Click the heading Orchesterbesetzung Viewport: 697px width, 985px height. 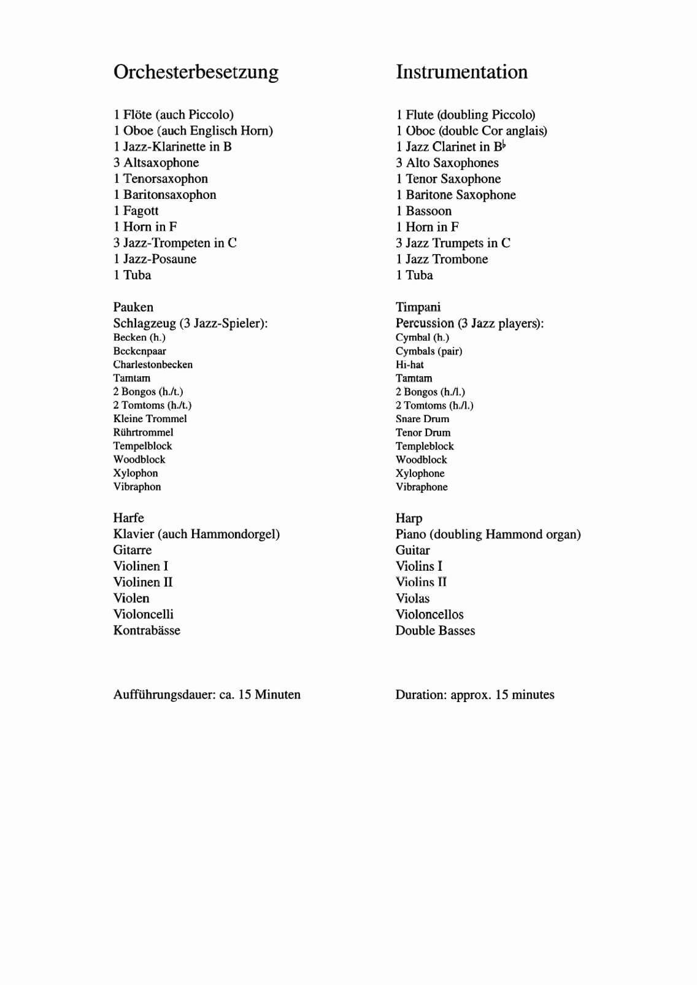click(x=196, y=72)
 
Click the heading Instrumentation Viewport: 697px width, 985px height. click(x=461, y=72)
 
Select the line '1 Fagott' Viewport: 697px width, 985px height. click(x=136, y=211)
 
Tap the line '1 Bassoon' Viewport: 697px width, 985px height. click(x=423, y=211)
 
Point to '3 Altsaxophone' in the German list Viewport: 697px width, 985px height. click(x=156, y=163)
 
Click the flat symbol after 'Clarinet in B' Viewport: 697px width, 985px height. click(x=504, y=145)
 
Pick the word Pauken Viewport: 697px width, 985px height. click(x=133, y=307)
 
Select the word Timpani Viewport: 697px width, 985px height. click(x=418, y=307)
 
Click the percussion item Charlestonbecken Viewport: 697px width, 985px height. click(x=153, y=365)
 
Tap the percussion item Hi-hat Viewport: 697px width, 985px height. click(x=409, y=365)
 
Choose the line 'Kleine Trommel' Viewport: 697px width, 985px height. click(x=150, y=419)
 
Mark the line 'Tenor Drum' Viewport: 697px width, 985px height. click(x=423, y=433)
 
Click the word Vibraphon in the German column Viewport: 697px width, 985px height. click(x=137, y=487)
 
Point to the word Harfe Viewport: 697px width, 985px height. click(x=128, y=518)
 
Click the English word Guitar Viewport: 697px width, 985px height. click(x=412, y=550)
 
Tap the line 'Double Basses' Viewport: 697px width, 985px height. click(x=435, y=630)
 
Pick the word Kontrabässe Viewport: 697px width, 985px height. click(x=147, y=630)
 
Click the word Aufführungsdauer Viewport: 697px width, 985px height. click(x=164, y=695)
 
